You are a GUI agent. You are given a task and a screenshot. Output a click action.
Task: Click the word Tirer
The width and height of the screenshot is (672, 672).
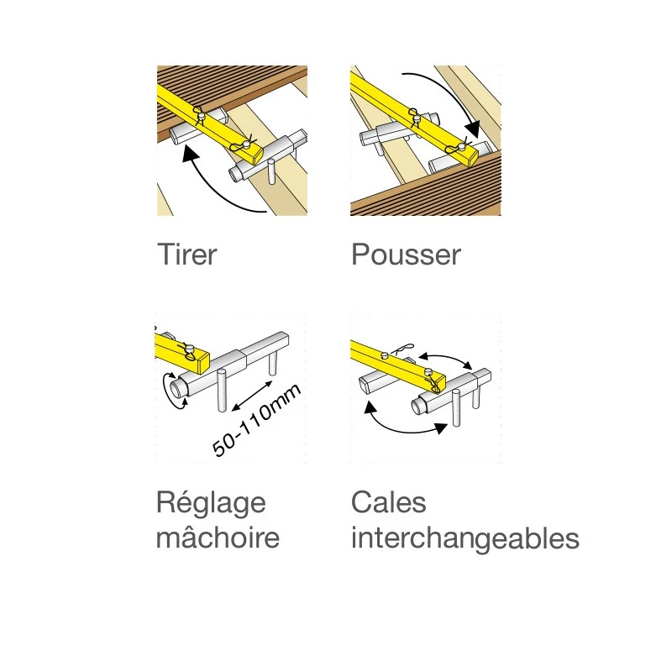(x=187, y=255)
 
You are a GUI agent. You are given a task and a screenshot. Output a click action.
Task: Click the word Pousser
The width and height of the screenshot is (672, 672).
(x=406, y=255)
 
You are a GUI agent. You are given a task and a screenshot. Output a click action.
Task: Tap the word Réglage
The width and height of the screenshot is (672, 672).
(x=211, y=504)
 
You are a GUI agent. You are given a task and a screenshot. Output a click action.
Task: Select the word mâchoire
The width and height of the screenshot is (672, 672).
(x=218, y=538)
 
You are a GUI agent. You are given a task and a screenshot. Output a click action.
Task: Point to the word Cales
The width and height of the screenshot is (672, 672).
(x=388, y=502)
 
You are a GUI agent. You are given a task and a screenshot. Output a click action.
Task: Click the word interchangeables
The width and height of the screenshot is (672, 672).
(x=465, y=538)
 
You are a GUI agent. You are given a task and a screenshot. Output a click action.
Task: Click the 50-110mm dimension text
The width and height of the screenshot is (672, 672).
(x=256, y=420)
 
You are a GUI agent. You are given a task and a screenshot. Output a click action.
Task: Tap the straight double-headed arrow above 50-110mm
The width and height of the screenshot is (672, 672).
(x=251, y=396)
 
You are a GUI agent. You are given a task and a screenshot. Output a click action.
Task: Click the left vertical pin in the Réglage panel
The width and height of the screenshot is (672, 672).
(x=222, y=390)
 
